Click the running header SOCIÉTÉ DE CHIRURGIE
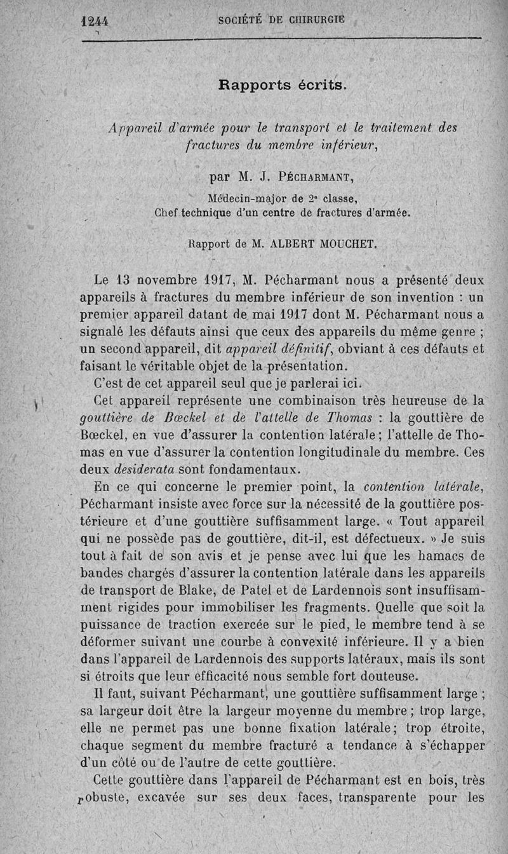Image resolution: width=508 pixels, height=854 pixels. (x=281, y=20)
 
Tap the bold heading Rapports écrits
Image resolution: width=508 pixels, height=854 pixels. (x=283, y=85)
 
